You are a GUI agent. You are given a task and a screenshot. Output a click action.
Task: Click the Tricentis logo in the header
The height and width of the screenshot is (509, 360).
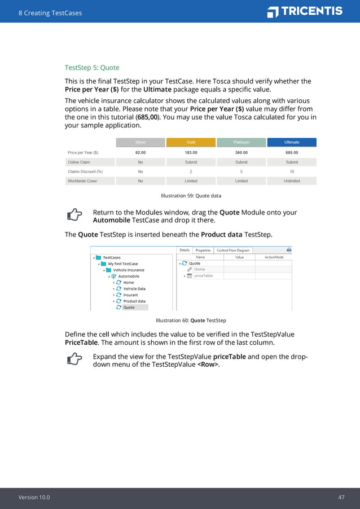click(305, 11)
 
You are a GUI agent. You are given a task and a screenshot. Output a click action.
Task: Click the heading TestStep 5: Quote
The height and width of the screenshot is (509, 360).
click(92, 68)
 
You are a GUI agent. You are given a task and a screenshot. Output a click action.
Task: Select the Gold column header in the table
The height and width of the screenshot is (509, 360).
click(191, 142)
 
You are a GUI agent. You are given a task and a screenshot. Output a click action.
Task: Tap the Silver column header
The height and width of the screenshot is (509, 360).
click(141, 142)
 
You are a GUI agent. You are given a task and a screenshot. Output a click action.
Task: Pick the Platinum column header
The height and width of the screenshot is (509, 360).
click(241, 142)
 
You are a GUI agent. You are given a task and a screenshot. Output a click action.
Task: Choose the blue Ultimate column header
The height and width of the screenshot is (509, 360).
click(292, 142)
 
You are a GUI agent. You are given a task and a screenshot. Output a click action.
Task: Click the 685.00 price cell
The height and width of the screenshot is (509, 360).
click(292, 152)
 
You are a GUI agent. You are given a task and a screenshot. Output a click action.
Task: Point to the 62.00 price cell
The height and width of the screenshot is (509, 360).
click(141, 152)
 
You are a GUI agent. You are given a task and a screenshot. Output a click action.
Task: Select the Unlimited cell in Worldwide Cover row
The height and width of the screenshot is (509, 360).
click(292, 181)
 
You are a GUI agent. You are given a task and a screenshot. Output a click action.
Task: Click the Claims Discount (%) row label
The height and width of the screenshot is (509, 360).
click(85, 172)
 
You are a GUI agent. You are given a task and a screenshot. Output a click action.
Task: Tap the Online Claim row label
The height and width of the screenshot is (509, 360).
click(79, 162)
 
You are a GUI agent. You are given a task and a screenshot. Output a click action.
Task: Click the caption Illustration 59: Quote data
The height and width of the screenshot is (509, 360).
click(191, 196)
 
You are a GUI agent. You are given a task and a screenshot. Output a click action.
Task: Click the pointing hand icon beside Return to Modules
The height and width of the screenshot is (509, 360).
click(74, 214)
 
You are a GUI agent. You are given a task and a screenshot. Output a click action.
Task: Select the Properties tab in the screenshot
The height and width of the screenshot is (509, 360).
click(203, 250)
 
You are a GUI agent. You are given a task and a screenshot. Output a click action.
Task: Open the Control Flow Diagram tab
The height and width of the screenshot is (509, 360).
click(233, 250)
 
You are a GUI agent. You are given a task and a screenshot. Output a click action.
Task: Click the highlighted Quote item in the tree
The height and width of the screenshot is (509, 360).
click(129, 308)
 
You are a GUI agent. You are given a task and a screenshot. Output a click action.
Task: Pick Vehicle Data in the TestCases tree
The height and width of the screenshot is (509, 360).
click(134, 289)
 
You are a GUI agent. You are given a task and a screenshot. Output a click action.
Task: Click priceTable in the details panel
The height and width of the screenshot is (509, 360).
click(204, 276)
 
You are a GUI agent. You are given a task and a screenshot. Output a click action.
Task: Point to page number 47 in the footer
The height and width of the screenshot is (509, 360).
click(341, 497)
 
